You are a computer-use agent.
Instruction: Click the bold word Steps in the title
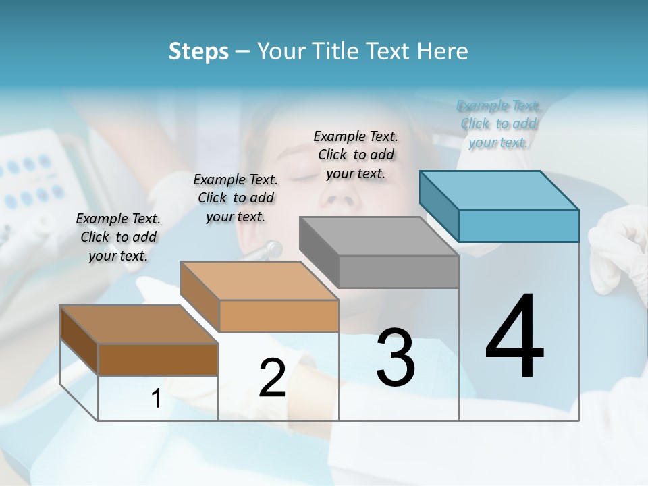click(198, 51)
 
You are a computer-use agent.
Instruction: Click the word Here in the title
click(442, 51)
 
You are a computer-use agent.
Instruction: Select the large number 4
click(514, 337)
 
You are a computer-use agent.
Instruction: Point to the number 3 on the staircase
click(396, 358)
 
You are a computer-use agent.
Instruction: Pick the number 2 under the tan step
click(272, 378)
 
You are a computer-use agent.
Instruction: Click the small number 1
click(157, 399)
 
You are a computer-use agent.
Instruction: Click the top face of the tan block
click(259, 281)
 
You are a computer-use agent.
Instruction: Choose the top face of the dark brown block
click(139, 325)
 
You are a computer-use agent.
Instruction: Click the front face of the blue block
click(518, 225)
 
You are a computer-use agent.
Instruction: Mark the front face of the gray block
click(398, 271)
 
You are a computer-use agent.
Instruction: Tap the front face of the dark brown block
click(158, 359)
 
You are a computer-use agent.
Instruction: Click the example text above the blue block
click(498, 124)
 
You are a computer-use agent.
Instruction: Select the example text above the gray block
click(356, 155)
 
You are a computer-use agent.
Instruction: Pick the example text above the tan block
click(236, 198)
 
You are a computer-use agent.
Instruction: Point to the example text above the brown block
click(118, 237)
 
